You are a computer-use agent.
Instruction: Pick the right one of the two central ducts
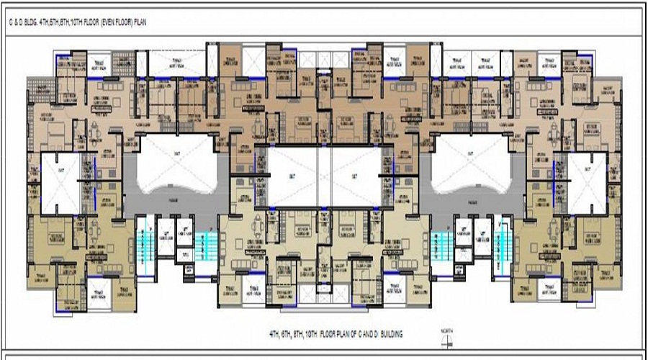(355, 176)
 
